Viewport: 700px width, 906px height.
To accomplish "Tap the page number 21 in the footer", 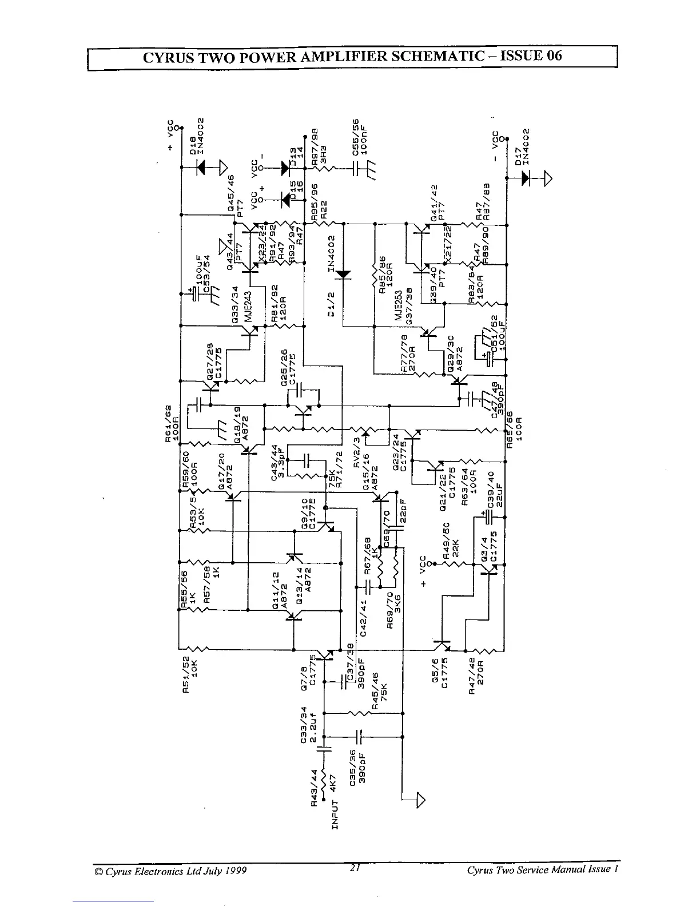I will [x=355, y=868].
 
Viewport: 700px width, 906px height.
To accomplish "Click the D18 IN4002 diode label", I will [x=197, y=134].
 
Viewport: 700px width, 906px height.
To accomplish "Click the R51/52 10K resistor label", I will [x=190, y=675].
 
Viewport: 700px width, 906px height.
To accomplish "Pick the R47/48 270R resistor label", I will [x=476, y=676].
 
